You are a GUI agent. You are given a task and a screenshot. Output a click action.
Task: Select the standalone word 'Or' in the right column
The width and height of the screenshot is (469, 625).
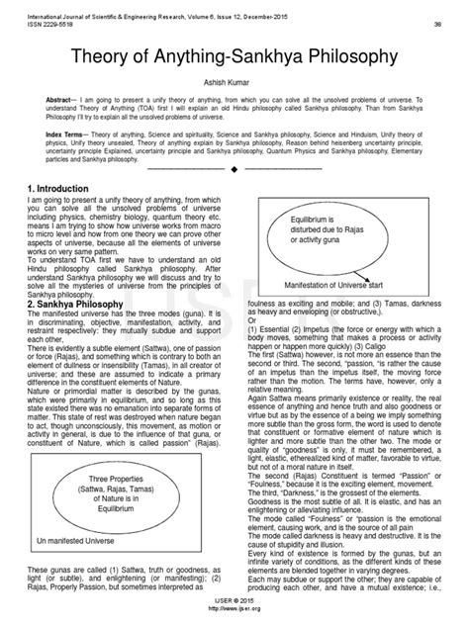click(x=251, y=319)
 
